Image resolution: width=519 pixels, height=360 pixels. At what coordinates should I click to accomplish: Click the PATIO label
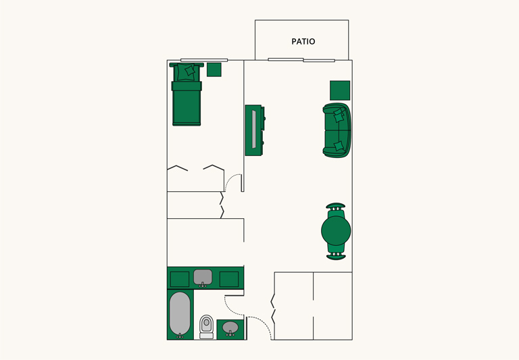(303, 42)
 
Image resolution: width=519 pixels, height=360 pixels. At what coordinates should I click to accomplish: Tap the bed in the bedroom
(187, 101)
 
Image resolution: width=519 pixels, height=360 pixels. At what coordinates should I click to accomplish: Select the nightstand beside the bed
(214, 70)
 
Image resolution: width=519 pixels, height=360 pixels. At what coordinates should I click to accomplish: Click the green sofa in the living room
(337, 130)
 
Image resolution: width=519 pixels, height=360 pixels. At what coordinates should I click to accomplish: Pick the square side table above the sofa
(340, 91)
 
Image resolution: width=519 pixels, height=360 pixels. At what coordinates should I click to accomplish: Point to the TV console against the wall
(253, 130)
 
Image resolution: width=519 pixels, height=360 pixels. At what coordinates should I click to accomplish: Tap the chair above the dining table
(336, 206)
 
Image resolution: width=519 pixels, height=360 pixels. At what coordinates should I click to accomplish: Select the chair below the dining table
(336, 255)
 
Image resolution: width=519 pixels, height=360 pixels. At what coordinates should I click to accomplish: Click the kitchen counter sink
(203, 277)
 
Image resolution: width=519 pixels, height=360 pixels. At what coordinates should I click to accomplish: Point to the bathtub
(179, 314)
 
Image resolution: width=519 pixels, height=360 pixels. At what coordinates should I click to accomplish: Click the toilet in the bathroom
(207, 326)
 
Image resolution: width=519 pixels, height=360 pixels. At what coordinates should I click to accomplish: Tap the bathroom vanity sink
(230, 329)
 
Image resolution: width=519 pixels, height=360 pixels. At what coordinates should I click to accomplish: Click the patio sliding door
(301, 60)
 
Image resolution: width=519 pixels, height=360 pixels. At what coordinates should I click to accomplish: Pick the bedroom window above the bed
(203, 60)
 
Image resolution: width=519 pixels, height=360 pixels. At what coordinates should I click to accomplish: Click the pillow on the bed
(189, 70)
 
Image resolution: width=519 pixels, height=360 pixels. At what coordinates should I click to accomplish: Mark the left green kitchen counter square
(179, 279)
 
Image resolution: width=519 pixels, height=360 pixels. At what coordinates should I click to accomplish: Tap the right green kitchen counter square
(229, 279)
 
